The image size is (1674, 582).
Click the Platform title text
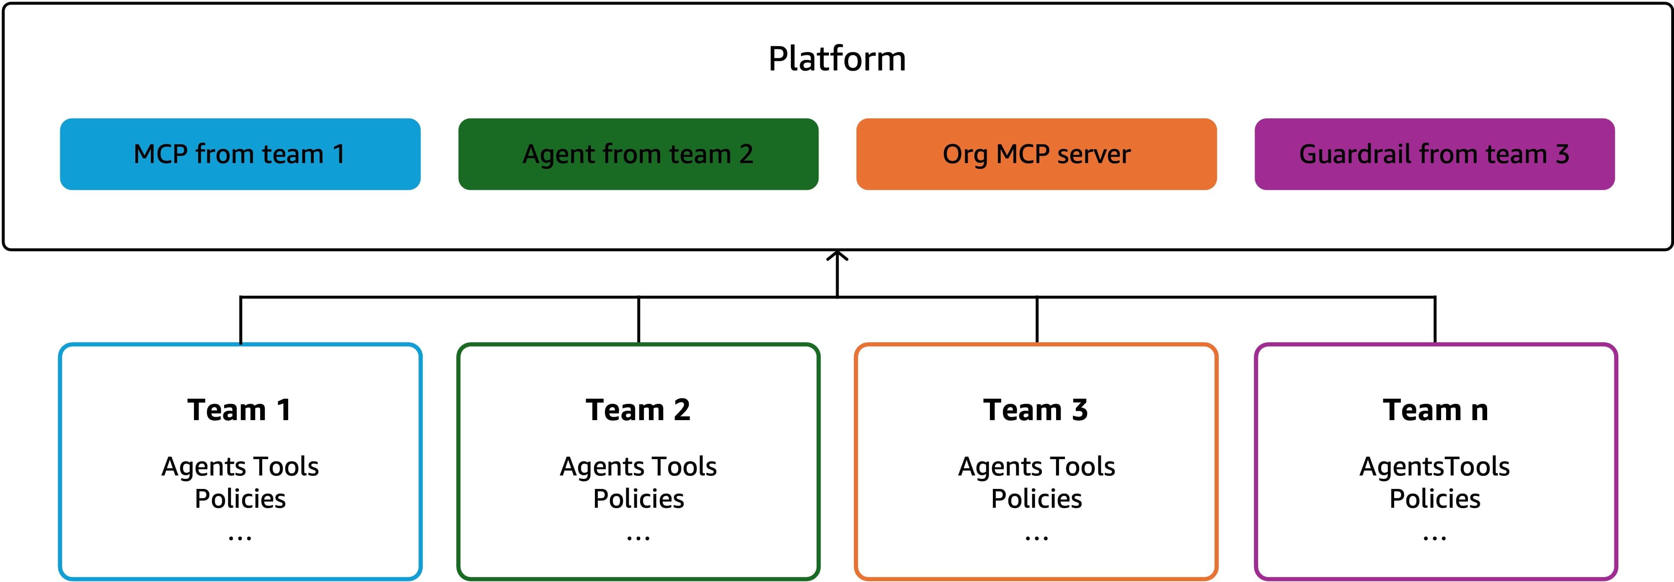pyautogui.click(x=837, y=59)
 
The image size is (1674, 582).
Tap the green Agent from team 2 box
pyautogui.click(x=638, y=154)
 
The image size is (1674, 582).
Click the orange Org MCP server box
pyautogui.click(x=1036, y=154)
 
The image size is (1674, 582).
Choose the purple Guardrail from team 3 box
pyautogui.click(x=1435, y=154)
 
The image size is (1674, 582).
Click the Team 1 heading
pyautogui.click(x=239, y=411)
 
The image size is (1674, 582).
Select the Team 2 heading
pyautogui.click(x=638, y=411)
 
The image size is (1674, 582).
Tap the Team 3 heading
pyautogui.click(x=1036, y=411)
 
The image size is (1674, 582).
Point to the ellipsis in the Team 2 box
pyautogui.click(x=638, y=538)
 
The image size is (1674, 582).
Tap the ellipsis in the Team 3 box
pyautogui.click(x=1036, y=538)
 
